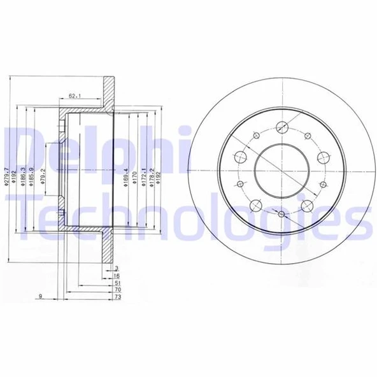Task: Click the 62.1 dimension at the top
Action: [x=75, y=97]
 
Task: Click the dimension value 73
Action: [x=117, y=297]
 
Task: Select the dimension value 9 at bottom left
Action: [x=40, y=296]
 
